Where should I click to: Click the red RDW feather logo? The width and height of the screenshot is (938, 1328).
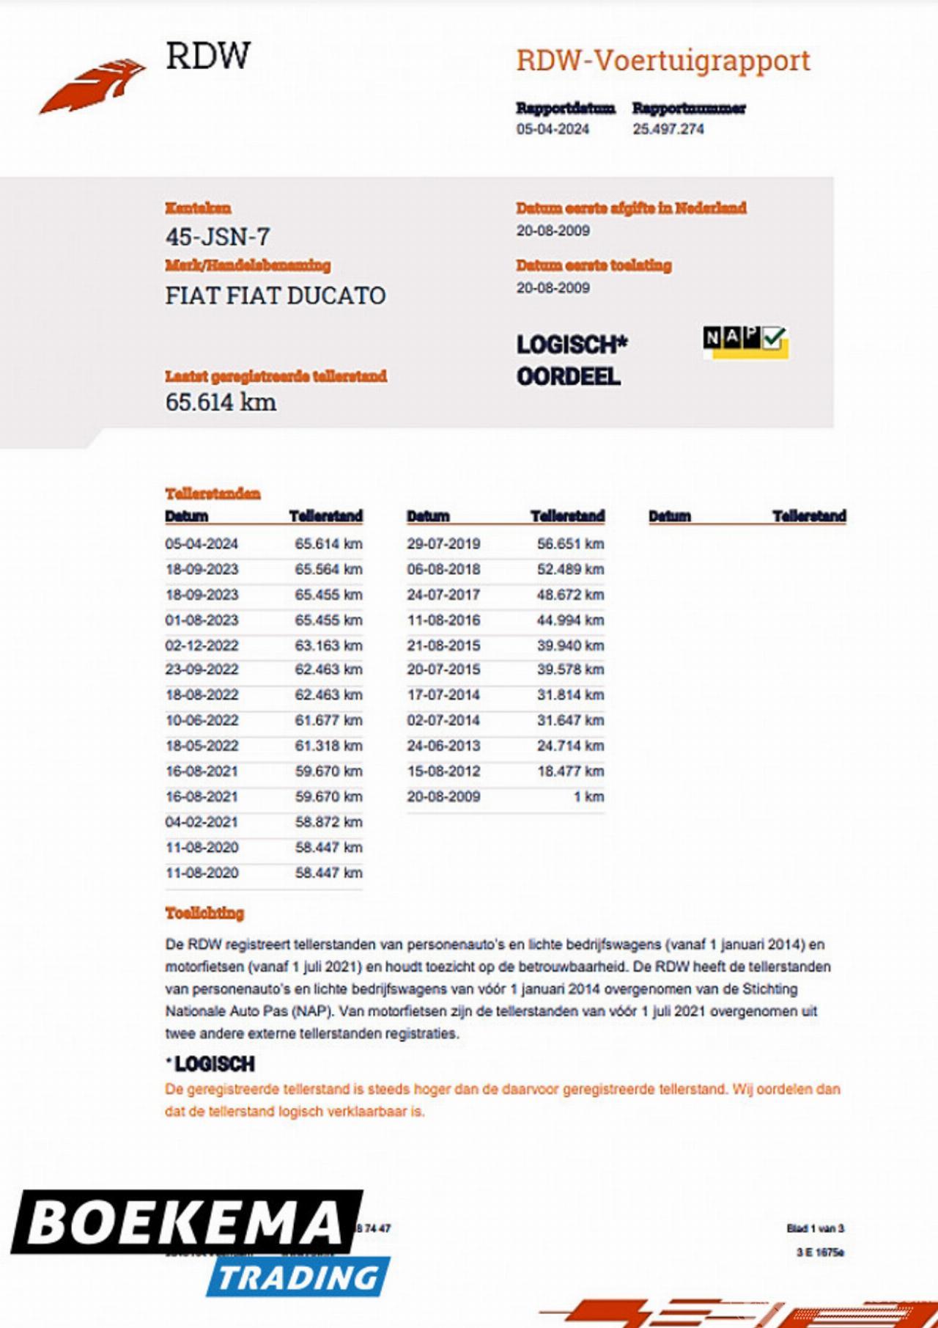pyautogui.click(x=92, y=86)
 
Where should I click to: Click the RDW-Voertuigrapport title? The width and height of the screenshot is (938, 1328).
pyautogui.click(x=663, y=61)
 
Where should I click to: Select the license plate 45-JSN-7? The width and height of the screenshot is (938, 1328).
pyautogui.click(x=218, y=237)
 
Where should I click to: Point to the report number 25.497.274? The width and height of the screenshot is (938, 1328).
pyautogui.click(x=668, y=129)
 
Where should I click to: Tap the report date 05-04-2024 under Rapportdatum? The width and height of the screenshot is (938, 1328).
pyautogui.click(x=553, y=129)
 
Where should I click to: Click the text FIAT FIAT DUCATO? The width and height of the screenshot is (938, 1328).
pyautogui.click(x=276, y=296)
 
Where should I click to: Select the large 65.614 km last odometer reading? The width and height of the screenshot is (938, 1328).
pyautogui.click(x=221, y=402)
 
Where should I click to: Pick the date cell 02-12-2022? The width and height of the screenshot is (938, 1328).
pyautogui.click(x=202, y=645)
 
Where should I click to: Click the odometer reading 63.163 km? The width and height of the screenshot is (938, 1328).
pyautogui.click(x=328, y=645)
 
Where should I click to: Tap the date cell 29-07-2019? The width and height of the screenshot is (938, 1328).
pyautogui.click(x=443, y=543)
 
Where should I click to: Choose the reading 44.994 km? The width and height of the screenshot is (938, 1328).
pyautogui.click(x=570, y=620)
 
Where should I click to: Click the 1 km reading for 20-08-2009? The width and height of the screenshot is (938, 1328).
pyautogui.click(x=589, y=796)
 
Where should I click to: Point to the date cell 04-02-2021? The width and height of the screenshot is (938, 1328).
pyautogui.click(x=202, y=822)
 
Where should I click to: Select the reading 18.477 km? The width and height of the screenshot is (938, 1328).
pyautogui.click(x=570, y=771)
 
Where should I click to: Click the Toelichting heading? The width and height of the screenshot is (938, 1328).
pyautogui.click(x=204, y=913)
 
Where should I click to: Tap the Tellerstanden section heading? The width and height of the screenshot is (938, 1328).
pyautogui.click(x=213, y=494)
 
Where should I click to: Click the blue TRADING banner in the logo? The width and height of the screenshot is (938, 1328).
pyautogui.click(x=299, y=1277)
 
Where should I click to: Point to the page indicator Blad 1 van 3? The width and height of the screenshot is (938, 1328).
pyautogui.click(x=815, y=1228)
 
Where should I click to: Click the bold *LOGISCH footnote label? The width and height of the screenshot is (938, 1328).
pyautogui.click(x=211, y=1064)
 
